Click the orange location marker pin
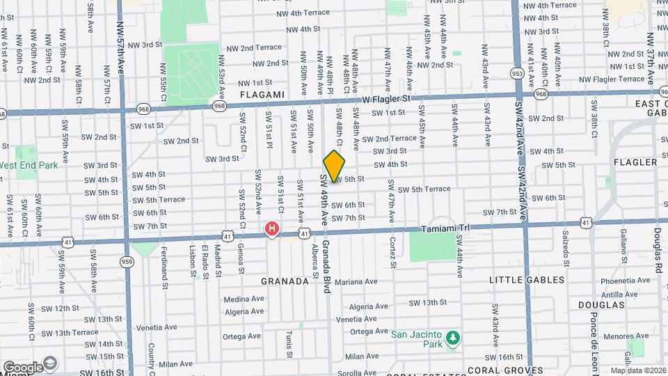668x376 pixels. click(x=334, y=166)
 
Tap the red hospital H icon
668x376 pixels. click(x=273, y=228)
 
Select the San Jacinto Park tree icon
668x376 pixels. click(x=453, y=338)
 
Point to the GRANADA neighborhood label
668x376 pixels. click(x=285, y=281)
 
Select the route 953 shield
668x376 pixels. click(x=517, y=72)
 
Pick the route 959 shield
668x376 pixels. click(x=127, y=262)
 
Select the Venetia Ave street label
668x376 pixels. click(x=156, y=326)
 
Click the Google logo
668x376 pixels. click(x=23, y=367)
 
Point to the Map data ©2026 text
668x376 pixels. click(x=637, y=370)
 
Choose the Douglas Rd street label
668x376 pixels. click(x=657, y=249)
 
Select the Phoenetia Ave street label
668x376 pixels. click(x=605, y=281)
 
